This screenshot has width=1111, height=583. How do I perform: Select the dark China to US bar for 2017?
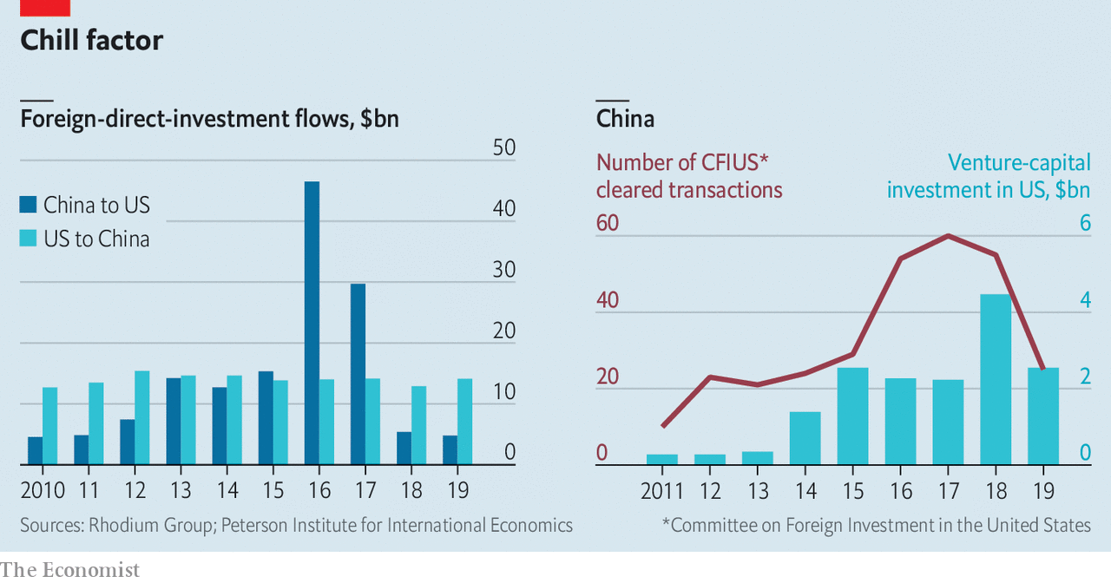[x=358, y=374]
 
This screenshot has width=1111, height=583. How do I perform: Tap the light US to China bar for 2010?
[x=50, y=425]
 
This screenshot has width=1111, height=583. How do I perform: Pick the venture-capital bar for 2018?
[x=996, y=379]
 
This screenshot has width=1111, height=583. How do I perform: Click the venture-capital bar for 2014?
[x=805, y=438]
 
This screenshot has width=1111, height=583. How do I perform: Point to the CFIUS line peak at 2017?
[x=948, y=236]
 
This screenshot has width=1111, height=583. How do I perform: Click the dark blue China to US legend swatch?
[x=29, y=205]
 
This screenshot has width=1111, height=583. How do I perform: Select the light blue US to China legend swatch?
[x=29, y=239]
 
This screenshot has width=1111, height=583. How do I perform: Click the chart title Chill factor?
[x=91, y=40]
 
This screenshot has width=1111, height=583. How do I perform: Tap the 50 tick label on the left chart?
[x=503, y=148]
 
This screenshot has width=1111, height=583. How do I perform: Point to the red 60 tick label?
[x=608, y=224]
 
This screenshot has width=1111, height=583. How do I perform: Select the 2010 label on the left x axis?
[x=43, y=490]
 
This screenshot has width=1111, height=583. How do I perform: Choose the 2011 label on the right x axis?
[x=662, y=491]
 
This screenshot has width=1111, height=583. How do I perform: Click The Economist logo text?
[x=69, y=569]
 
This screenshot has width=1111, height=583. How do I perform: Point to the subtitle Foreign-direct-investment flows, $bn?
[x=209, y=118]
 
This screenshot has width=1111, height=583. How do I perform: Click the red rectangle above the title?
[x=44, y=8]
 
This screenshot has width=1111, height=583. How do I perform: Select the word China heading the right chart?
[x=625, y=118]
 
